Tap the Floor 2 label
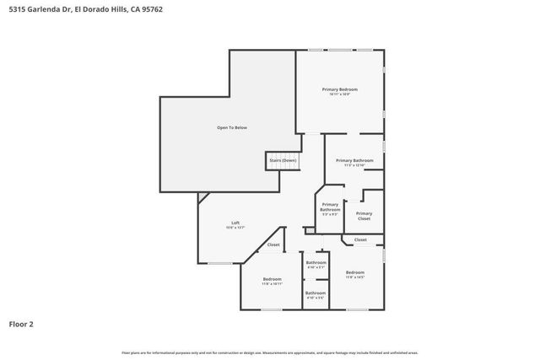tap(21, 323)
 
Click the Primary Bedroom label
tap(339, 89)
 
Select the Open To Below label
tap(232, 127)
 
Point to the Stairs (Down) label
tap(283, 159)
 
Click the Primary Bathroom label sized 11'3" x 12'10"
tap(354, 160)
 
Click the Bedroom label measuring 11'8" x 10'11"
tap(272, 279)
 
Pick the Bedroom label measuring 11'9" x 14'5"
tap(354, 272)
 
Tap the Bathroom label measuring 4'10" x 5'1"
tap(316, 262)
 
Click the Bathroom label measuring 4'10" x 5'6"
tap(315, 293)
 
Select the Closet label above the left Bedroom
tap(273, 244)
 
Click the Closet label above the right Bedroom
tap(360, 239)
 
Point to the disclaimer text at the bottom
tap(269, 352)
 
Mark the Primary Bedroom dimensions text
tap(339, 94)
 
